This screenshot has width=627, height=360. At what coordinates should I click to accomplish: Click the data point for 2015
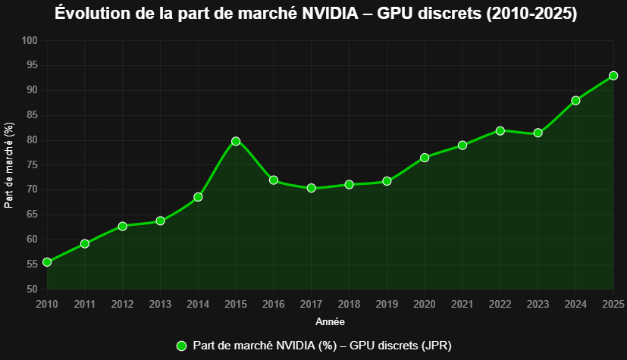(x=236, y=141)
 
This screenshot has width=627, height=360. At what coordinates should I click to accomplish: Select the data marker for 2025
(x=613, y=76)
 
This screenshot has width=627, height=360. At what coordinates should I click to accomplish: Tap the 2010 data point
(x=47, y=262)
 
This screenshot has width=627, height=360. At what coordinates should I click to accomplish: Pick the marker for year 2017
(x=311, y=188)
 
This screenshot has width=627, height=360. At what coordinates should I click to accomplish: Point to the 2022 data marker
(x=500, y=130)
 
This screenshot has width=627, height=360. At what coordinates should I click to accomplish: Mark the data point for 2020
(x=425, y=158)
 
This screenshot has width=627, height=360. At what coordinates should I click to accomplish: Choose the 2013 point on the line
(x=160, y=221)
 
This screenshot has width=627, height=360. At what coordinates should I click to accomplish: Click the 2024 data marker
(x=575, y=101)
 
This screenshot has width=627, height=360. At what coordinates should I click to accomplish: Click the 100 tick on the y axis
(x=30, y=41)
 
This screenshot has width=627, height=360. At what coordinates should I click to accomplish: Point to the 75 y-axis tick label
(x=32, y=165)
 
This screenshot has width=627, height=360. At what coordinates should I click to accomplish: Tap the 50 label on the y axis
(x=32, y=290)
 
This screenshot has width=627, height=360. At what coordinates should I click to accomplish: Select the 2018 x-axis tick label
(x=349, y=305)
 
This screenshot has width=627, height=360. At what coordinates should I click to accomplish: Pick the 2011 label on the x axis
(x=85, y=305)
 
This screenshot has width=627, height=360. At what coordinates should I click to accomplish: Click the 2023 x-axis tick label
(x=538, y=305)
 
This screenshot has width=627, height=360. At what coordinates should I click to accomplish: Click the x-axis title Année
(x=330, y=322)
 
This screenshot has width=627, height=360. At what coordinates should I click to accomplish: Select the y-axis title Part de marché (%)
(x=9, y=165)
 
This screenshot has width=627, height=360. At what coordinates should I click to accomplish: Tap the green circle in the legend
(x=181, y=346)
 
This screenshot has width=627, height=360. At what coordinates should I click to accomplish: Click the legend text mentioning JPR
(x=322, y=346)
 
